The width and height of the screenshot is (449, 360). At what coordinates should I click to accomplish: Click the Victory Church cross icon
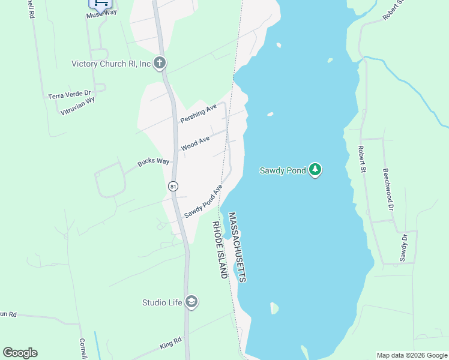(160, 62)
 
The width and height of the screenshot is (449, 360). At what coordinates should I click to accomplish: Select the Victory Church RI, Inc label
(111, 64)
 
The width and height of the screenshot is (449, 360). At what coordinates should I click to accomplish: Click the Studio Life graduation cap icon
(191, 301)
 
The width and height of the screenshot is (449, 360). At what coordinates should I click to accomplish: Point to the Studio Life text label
(161, 302)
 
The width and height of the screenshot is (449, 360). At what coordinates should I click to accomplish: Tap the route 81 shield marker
(173, 187)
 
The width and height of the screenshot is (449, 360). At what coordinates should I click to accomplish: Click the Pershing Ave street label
(199, 112)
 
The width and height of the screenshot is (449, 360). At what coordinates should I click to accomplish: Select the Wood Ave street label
(195, 143)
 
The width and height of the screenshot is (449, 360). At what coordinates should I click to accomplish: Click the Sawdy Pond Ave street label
(203, 201)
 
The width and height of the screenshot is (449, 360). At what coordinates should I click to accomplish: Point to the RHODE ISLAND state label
(219, 249)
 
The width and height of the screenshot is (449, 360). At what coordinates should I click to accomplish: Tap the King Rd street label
(170, 344)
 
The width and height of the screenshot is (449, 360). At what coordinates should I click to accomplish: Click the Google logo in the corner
(20, 353)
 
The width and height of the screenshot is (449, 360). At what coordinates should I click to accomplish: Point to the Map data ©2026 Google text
(412, 355)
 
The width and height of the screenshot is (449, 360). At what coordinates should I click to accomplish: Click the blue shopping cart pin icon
(100, 4)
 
